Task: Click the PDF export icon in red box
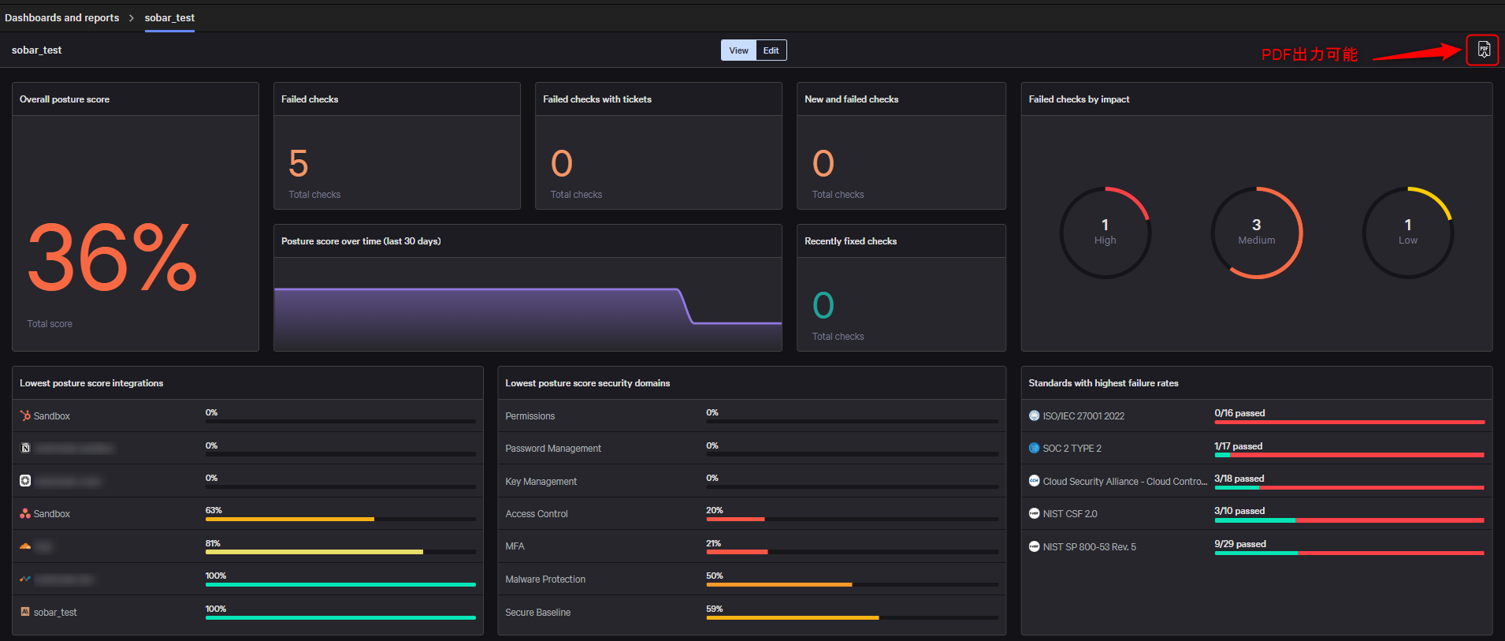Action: point(1483,50)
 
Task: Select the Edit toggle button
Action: point(771,50)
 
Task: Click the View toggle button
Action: point(738,50)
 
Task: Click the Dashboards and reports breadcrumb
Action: point(62,17)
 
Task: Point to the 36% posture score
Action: point(112,257)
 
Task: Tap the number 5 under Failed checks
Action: point(299,164)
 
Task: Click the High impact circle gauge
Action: point(1105,232)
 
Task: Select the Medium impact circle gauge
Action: point(1256,232)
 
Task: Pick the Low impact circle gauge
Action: point(1407,232)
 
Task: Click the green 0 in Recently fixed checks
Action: point(823,306)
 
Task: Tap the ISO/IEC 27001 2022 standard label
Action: point(1083,416)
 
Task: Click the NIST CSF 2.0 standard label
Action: point(1069,513)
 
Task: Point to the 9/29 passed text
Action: point(1239,544)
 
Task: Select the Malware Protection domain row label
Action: point(545,579)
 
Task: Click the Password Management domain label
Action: point(553,448)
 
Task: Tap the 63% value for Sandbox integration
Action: point(214,510)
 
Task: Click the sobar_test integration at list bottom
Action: point(55,612)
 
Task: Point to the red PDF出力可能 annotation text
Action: point(1309,54)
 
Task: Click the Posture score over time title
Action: point(361,241)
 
